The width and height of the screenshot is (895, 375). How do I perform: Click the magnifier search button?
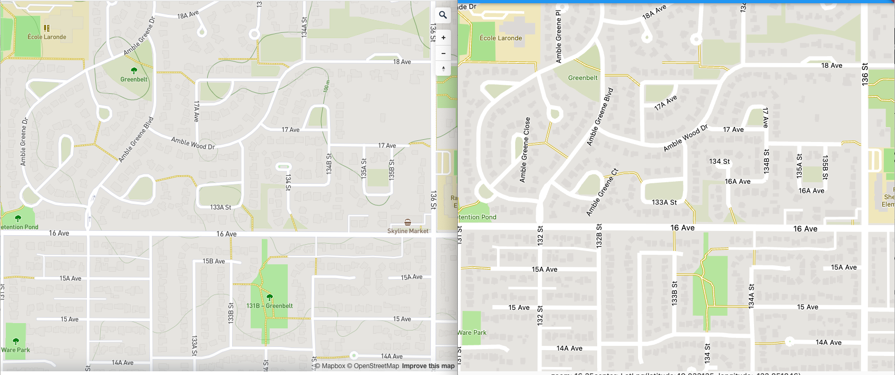[x=443, y=15]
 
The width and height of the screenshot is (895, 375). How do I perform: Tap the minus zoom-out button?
[x=443, y=53]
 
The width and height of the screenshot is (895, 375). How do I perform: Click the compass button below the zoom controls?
[x=443, y=69]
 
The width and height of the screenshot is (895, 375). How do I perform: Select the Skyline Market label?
[x=407, y=231]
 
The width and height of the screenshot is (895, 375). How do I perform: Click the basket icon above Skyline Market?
[x=407, y=222]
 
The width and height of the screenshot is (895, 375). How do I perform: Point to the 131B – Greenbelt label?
[x=269, y=306]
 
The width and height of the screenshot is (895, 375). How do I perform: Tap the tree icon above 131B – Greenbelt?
[x=269, y=297]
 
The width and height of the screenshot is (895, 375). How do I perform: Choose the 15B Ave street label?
[x=214, y=261]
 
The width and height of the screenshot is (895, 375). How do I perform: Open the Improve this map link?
[x=428, y=366]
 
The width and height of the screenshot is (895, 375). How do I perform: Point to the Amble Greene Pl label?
[x=558, y=37]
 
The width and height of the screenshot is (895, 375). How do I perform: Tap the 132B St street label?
[x=599, y=236]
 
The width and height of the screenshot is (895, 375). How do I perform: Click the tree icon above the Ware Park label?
[x=15, y=341]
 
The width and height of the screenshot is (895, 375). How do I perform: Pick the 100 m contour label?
[x=326, y=86]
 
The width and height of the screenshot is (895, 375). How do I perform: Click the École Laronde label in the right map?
[x=501, y=38]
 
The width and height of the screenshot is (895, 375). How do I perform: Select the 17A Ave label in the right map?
[x=666, y=103]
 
